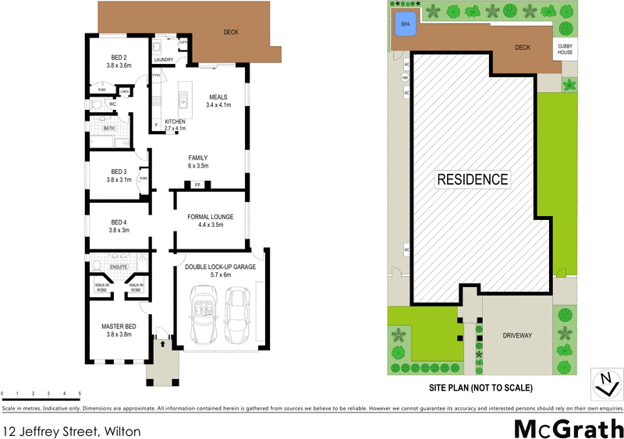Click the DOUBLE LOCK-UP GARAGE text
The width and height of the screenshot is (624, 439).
point(221,267)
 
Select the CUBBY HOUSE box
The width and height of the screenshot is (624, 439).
point(565,48)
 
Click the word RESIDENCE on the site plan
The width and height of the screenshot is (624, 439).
point(472,179)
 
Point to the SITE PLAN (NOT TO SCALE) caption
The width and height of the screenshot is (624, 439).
point(480,388)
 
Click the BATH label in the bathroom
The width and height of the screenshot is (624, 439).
point(109,128)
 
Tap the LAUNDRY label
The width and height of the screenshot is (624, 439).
point(164,59)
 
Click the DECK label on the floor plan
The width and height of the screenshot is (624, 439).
point(231,33)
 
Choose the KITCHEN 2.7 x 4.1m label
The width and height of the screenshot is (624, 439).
point(175,125)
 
